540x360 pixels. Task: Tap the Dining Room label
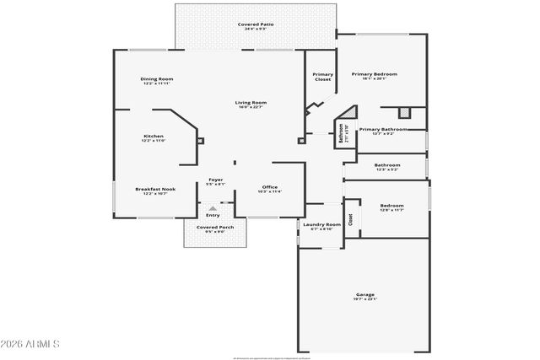point(157,78)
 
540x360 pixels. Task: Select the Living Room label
point(251,103)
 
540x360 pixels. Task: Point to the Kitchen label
point(154,136)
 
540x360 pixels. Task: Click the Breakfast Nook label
point(155,189)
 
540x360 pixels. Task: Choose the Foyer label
point(216,179)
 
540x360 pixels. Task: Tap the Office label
point(270,186)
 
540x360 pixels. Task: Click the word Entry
point(213,215)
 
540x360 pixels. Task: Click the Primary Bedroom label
point(374,73)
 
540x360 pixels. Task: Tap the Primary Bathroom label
point(383,129)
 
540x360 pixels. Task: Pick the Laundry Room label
point(321,224)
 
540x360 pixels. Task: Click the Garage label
point(364,294)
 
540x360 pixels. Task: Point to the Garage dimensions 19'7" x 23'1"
point(364,299)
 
